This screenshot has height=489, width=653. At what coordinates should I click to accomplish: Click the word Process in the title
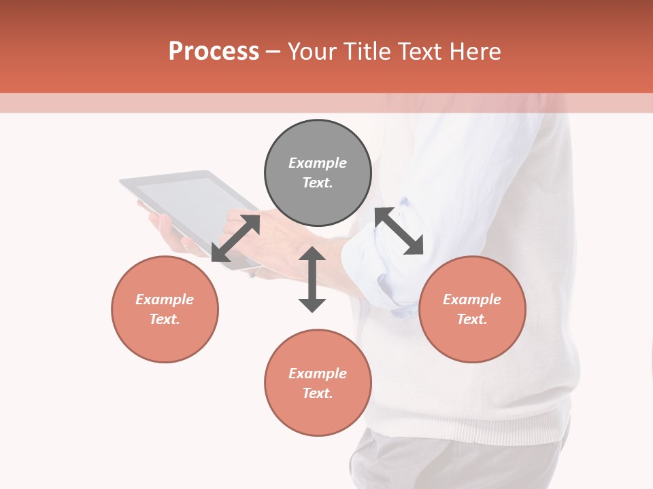[x=214, y=52]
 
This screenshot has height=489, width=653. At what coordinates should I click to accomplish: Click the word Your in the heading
[x=313, y=52]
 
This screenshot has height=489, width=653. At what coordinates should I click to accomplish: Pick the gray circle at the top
[x=318, y=136]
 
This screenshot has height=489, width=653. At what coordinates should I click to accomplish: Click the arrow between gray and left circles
[x=236, y=238]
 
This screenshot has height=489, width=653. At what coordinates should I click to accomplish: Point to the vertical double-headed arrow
[x=312, y=279]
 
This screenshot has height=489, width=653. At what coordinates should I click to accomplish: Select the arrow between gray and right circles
[x=399, y=231]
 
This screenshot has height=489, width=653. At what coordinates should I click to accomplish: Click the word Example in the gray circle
[x=318, y=163]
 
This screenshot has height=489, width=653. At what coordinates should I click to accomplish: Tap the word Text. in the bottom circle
[x=318, y=393]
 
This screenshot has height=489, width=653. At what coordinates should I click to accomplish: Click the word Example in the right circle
[x=472, y=300]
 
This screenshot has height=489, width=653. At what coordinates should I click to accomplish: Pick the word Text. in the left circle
[x=165, y=319]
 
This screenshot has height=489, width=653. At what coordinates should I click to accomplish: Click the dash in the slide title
[x=273, y=52]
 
